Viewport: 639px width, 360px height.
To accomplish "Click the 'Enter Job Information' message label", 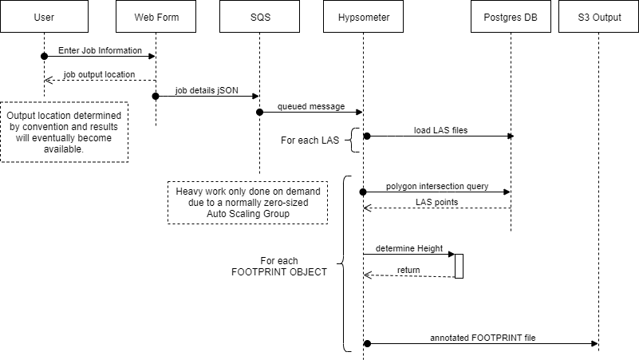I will pos(100,50).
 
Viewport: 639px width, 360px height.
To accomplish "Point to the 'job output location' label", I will pos(100,74).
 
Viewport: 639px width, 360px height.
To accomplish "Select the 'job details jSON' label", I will pos(207,90).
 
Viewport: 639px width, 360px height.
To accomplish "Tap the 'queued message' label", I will pos(311,106).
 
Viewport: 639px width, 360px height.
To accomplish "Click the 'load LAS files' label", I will pos(440,130).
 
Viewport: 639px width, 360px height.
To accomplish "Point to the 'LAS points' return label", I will pos(436,202).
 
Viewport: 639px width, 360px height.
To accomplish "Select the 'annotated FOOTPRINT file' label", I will pos(482,337).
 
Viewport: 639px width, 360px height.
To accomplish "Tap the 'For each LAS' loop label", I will pos(310,140).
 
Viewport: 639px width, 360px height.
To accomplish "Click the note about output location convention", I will pos(65,132).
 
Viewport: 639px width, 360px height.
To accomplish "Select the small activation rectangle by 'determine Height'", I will pos(459,266).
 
